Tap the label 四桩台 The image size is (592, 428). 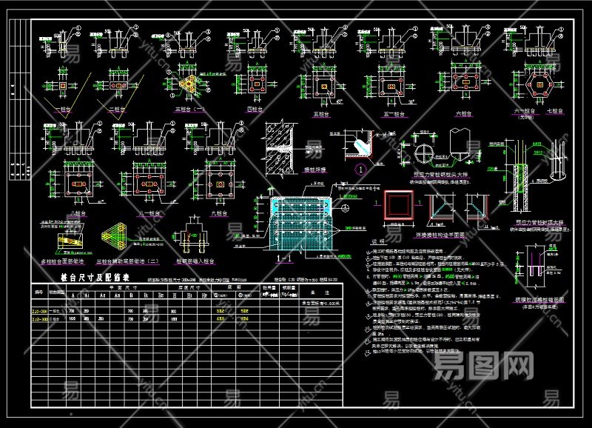coord(255,110)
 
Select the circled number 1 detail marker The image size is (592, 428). coord(360,169)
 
